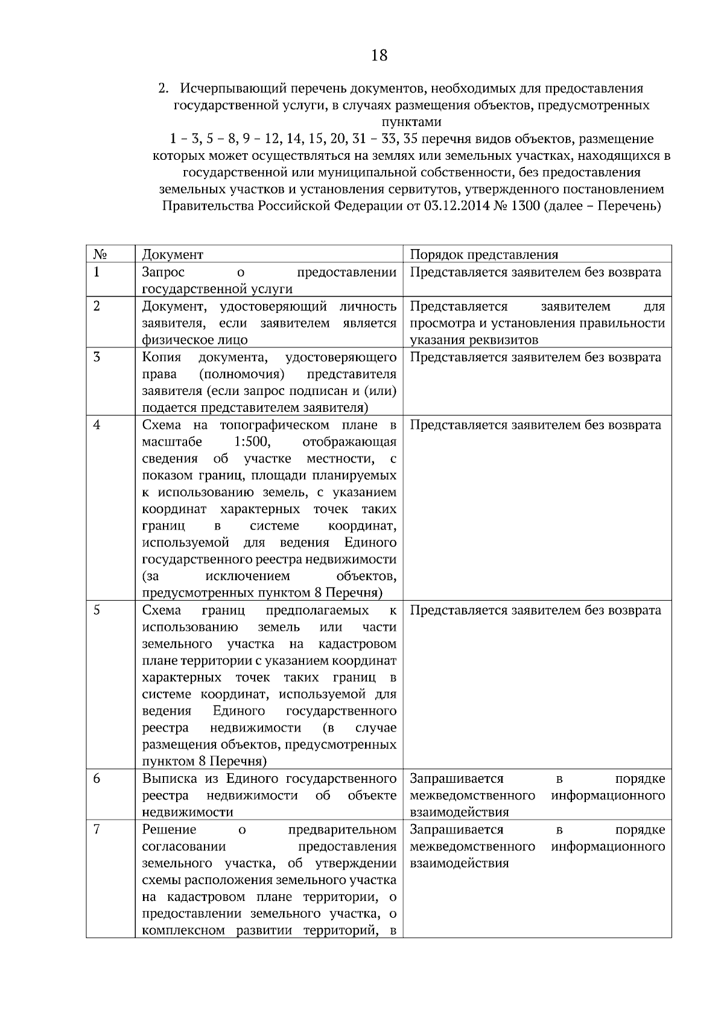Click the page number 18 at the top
click(379, 56)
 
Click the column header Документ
click(173, 254)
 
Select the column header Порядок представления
click(484, 254)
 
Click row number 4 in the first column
click(97, 425)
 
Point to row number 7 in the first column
click(97, 830)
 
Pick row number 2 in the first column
click(97, 306)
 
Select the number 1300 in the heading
click(524, 206)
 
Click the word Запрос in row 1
click(163, 273)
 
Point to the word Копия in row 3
click(162, 358)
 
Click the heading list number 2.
click(162, 89)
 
